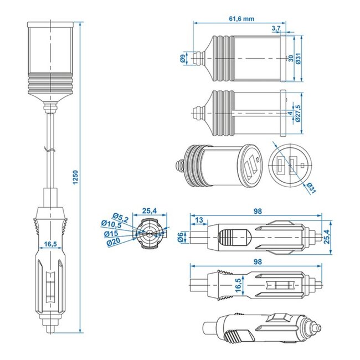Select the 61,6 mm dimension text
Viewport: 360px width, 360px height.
tap(241, 18)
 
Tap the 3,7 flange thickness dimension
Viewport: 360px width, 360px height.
tap(276, 28)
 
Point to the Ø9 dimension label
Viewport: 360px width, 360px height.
tap(182, 58)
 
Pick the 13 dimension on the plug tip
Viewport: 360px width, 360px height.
tap(198, 221)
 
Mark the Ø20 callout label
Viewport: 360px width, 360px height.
tap(115, 241)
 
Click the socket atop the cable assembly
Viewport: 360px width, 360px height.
tap(50, 61)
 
